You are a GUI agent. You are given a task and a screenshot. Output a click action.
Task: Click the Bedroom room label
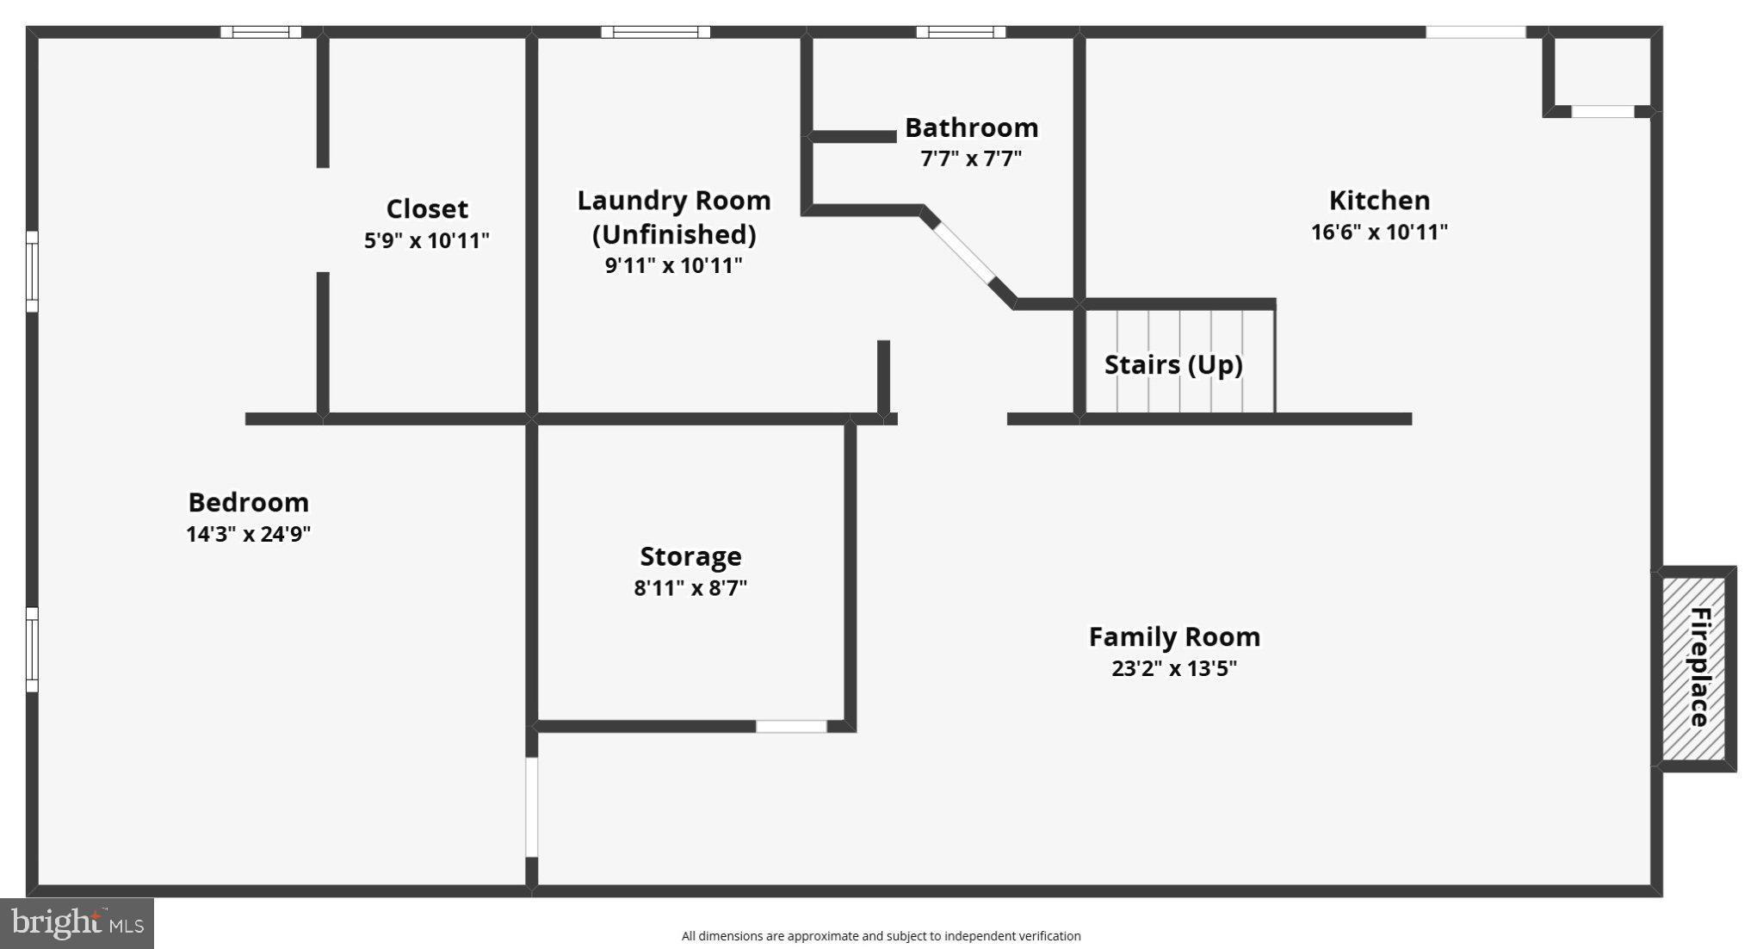248,502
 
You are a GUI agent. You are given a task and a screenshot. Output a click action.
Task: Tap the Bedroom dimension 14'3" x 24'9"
248,534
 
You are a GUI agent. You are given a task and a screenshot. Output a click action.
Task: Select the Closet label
427,208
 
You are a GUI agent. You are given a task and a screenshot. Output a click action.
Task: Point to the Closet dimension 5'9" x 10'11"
427,240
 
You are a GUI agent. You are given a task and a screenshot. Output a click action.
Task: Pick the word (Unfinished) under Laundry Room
674,234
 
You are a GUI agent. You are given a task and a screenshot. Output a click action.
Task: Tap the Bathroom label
971,127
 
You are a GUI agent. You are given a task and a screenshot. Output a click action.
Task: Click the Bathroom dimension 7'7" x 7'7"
971,159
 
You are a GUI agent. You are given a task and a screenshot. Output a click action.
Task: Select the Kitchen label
1379,200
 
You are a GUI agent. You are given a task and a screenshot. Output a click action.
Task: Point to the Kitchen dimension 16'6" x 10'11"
1379,233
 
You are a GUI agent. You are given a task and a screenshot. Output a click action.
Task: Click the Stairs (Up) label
1173,364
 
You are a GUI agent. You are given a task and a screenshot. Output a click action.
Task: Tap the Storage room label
690,556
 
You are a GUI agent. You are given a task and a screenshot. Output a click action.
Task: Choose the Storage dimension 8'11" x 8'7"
690,588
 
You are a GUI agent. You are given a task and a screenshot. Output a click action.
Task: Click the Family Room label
1174,636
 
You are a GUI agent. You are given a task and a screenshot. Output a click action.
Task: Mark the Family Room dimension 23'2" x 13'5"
1174,668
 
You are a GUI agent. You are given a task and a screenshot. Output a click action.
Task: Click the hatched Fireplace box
1694,668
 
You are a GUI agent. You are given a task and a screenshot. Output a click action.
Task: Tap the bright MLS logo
77,923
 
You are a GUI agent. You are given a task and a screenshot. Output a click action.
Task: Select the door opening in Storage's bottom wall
791,726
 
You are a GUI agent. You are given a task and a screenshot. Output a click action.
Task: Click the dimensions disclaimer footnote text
881,936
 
